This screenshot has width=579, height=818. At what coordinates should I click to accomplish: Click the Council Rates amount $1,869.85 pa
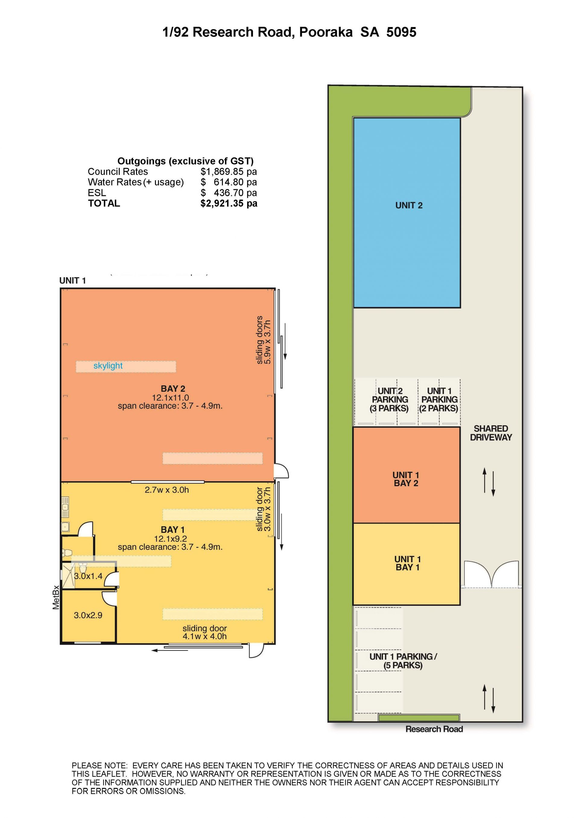pos(229,172)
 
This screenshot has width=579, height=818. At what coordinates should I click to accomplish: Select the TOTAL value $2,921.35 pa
pos(229,203)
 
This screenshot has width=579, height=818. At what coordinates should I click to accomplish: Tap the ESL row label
pos(97,193)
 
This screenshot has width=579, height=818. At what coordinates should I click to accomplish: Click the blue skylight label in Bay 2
pos(108,366)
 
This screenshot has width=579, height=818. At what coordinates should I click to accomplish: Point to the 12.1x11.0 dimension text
pos(170,398)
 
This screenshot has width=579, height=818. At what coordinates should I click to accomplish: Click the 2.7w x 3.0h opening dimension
pos(167,490)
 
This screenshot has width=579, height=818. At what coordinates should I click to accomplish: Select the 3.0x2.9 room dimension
pos(88,615)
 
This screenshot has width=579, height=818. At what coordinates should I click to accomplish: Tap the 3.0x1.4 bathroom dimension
pos(88,576)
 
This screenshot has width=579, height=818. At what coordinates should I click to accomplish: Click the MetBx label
pos(56,597)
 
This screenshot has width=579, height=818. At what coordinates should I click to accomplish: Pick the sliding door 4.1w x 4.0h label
pos(205,632)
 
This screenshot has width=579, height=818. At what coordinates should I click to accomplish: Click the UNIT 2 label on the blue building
pos(409,206)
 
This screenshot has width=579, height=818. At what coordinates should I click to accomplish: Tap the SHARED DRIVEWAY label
pos(491,433)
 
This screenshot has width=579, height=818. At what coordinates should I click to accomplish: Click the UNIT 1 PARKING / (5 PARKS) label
pos(403,661)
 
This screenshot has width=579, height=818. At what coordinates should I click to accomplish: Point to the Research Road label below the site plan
pos(434,729)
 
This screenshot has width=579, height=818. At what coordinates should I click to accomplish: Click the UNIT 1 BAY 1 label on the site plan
pos(407,563)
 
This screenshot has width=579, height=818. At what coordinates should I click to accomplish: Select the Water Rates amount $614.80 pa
pos(229,182)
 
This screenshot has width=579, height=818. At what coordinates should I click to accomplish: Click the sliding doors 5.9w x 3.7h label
pos(264,340)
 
